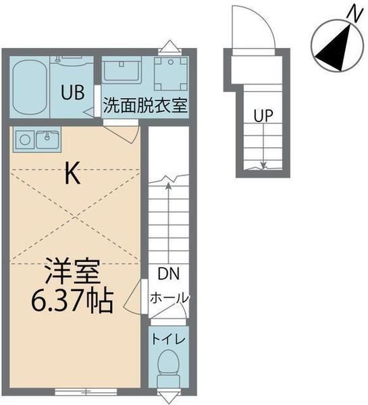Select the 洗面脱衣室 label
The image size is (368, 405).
pos(145,106)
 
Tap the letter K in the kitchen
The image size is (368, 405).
pos(73,175)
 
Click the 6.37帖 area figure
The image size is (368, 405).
pos(72,300)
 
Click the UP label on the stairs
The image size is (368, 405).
pos(263,115)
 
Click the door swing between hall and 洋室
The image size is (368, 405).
pos(136,296)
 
